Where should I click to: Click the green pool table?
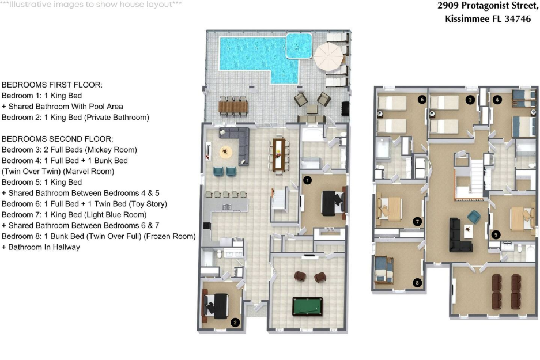point(307,306)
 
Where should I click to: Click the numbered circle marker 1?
point(307,180)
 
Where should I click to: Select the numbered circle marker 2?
point(235,323)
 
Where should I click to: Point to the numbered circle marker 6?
point(422,100)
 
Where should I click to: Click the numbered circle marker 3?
point(470,100)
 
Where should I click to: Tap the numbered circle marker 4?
point(497,100)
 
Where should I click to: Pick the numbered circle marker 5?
point(496,235)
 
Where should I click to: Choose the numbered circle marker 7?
point(417,222)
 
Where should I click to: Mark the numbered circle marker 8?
point(417,283)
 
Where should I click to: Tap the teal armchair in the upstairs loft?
point(474,217)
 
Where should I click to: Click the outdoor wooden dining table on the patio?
point(233,107)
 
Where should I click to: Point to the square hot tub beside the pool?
point(299,46)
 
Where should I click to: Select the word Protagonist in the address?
point(490,6)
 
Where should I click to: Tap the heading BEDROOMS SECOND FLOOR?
point(58,139)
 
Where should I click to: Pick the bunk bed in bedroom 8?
point(383,270)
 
